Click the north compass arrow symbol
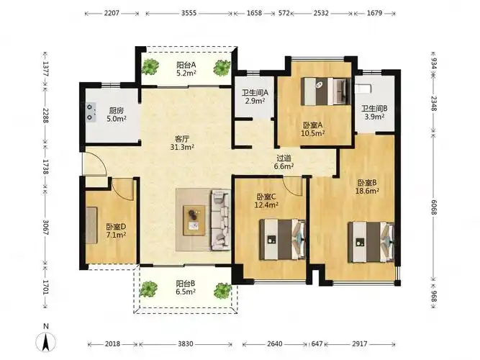[x=46, y=341]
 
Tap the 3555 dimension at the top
[x=189, y=13]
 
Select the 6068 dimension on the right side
[x=433, y=207]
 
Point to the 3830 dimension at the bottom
[x=186, y=343]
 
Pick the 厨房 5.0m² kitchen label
[x=117, y=114]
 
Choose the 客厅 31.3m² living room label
[x=183, y=143]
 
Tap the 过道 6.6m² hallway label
[x=284, y=162]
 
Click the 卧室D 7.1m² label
[x=116, y=230]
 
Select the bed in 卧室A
[x=326, y=91]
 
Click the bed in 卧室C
[x=283, y=239]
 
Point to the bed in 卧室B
[x=371, y=242]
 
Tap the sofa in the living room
[x=221, y=220]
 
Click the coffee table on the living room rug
[x=194, y=220]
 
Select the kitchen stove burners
[x=91, y=112]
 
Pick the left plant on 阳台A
[x=150, y=66]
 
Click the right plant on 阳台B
[x=222, y=290]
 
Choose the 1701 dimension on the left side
[x=45, y=287]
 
